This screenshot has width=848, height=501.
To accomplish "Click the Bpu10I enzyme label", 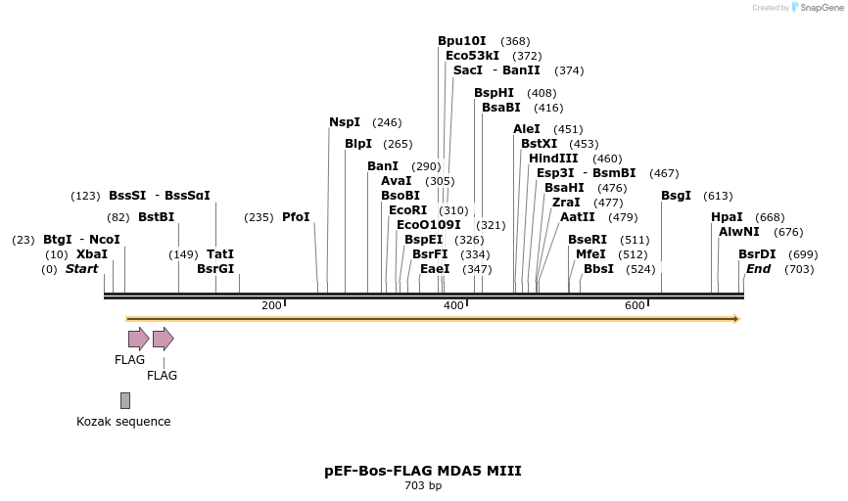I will pyautogui.click(x=461, y=41).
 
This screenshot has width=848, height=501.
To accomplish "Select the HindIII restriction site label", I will pyautogui.click(x=553, y=159).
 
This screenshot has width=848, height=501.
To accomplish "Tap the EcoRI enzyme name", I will pyautogui.click(x=407, y=210).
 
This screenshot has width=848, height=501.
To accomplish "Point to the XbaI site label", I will pyautogui.click(x=92, y=254).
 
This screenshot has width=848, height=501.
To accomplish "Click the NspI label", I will pyautogui.click(x=345, y=122).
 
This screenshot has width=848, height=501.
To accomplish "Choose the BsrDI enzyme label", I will pyautogui.click(x=757, y=254).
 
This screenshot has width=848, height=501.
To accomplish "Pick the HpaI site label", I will pyautogui.click(x=727, y=217).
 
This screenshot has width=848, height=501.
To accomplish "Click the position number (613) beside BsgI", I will pyautogui.click(x=718, y=196).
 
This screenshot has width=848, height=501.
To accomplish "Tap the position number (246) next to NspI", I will pyautogui.click(x=387, y=123).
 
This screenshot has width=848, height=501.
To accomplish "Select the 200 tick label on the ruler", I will pyautogui.click(x=271, y=306).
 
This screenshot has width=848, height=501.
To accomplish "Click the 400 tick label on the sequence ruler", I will pyautogui.click(x=453, y=306).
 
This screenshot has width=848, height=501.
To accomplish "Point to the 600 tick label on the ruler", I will pyautogui.click(x=635, y=306).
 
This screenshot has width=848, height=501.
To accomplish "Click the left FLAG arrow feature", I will pyautogui.click(x=138, y=339).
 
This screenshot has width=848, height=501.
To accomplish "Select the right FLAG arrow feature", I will pyautogui.click(x=163, y=339).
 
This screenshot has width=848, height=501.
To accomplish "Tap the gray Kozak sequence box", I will pyautogui.click(x=125, y=400).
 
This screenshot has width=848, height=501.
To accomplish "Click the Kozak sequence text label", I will pyautogui.click(x=123, y=422).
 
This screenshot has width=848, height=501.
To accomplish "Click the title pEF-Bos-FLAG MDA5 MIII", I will pyautogui.click(x=423, y=471).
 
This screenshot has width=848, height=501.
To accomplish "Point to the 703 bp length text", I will pyautogui.click(x=423, y=485).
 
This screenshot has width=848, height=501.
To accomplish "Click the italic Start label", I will pyautogui.click(x=81, y=269).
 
